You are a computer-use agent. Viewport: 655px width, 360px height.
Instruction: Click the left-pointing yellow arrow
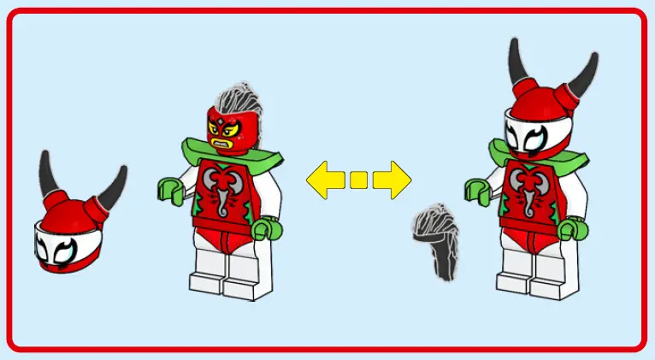[326, 180]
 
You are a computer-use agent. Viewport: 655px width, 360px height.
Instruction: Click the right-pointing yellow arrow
[392, 180]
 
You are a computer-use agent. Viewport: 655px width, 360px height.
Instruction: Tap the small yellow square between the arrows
[359, 180]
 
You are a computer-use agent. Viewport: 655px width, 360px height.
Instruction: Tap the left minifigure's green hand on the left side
[169, 189]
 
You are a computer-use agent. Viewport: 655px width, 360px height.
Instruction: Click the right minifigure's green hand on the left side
[476, 188]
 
